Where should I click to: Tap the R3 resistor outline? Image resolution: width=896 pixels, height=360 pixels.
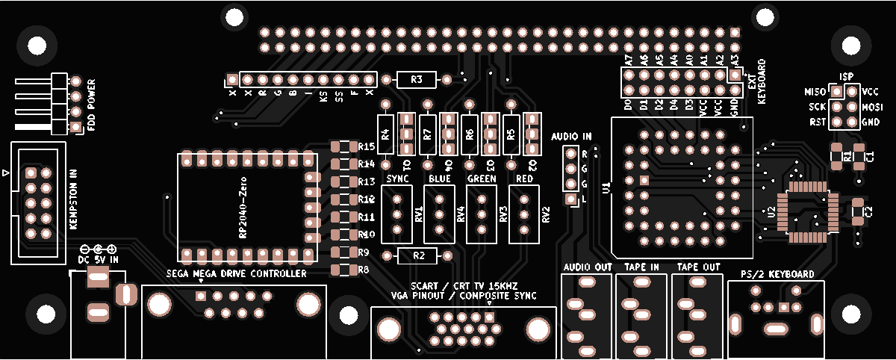(x=417, y=79)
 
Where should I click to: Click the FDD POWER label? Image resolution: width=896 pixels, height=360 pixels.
(x=91, y=105)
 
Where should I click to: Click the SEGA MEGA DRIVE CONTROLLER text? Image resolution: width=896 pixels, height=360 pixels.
(x=237, y=274)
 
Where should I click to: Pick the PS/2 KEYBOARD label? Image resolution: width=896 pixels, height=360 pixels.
(x=777, y=274)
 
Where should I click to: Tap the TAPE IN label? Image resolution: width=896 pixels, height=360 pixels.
(x=642, y=267)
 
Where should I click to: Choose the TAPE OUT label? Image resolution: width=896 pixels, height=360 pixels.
(x=698, y=267)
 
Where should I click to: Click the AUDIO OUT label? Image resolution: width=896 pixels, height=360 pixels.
(x=588, y=267)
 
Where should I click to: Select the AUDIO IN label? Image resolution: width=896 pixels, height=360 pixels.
(x=571, y=137)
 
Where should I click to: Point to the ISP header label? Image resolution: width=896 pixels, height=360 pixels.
(x=846, y=77)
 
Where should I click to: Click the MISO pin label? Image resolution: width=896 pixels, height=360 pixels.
(x=814, y=92)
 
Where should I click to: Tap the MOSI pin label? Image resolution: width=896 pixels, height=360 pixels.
(x=873, y=107)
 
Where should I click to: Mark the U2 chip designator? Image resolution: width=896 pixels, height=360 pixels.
(x=770, y=212)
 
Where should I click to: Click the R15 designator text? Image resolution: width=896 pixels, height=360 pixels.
(x=367, y=146)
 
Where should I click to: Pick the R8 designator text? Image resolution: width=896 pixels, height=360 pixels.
(x=364, y=269)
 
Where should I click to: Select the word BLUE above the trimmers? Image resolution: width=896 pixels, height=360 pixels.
(x=440, y=179)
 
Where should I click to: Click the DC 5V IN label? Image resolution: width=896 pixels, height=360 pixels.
(x=98, y=259)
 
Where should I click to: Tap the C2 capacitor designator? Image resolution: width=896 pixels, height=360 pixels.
(x=868, y=212)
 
